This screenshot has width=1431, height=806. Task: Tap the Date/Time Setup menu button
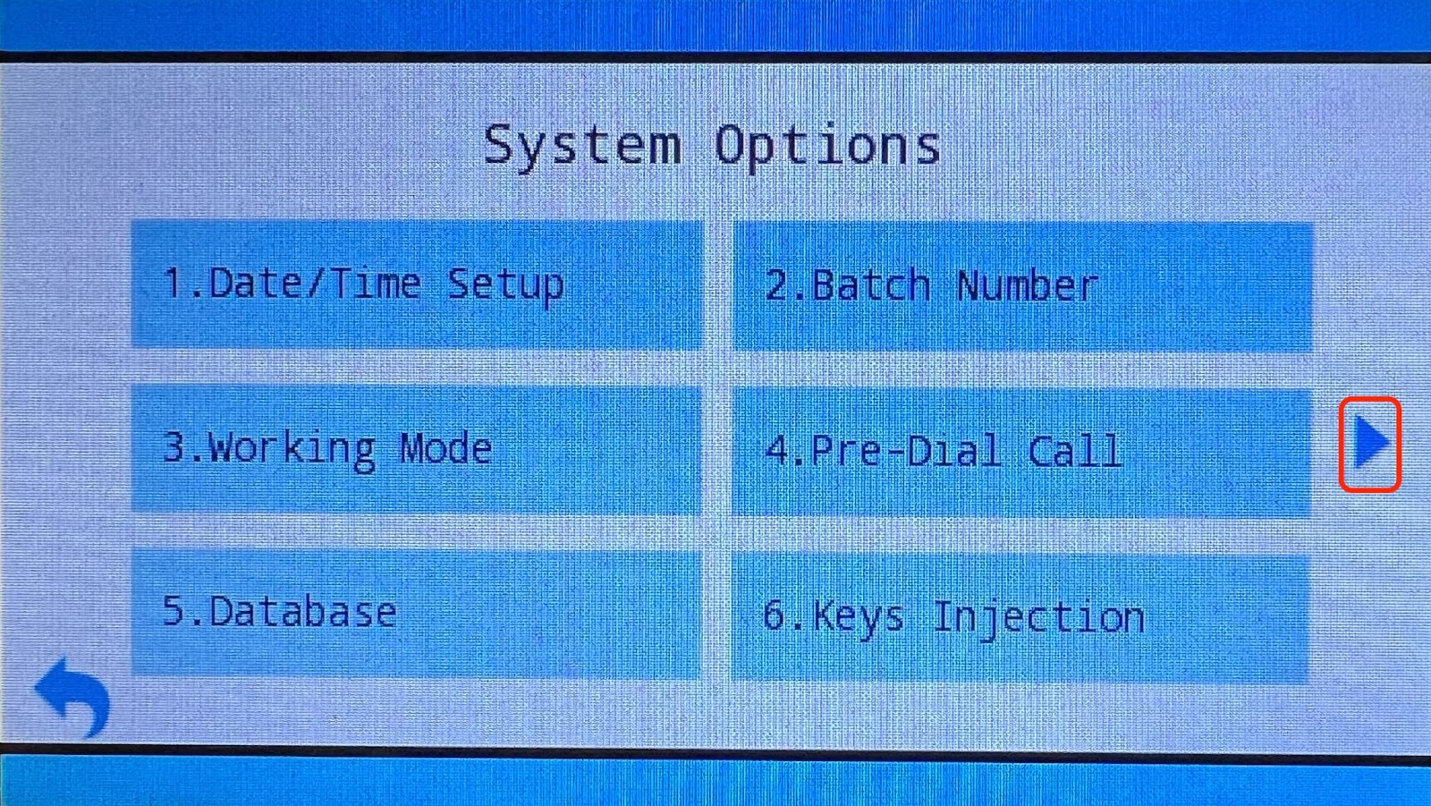point(417,284)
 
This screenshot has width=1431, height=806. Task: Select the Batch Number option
point(1023,286)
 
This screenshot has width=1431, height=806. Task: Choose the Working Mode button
point(417,449)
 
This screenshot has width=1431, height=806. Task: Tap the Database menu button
point(417,613)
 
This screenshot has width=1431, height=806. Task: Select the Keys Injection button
point(1020,617)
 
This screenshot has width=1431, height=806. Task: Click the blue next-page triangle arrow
point(1369,442)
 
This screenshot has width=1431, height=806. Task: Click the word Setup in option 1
point(505,285)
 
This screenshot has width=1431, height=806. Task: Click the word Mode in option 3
point(446,448)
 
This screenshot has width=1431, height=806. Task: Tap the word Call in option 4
point(1074,450)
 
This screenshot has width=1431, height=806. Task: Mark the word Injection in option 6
point(1038,619)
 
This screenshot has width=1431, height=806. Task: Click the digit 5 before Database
point(174,610)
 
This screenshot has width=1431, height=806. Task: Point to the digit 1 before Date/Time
point(173,283)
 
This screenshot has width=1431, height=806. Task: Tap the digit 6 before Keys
point(775,615)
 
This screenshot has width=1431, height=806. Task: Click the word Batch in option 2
point(871,285)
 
